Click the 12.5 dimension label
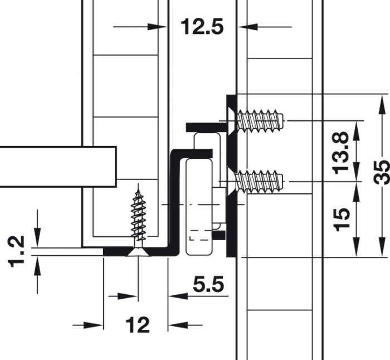tap(201, 26)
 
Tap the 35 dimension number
tap(382, 172)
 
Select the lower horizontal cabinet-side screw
tap(261, 182)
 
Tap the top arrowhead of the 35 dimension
tap(381, 101)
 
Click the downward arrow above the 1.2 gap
tap(37, 240)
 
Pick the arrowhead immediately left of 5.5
tap(174, 296)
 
